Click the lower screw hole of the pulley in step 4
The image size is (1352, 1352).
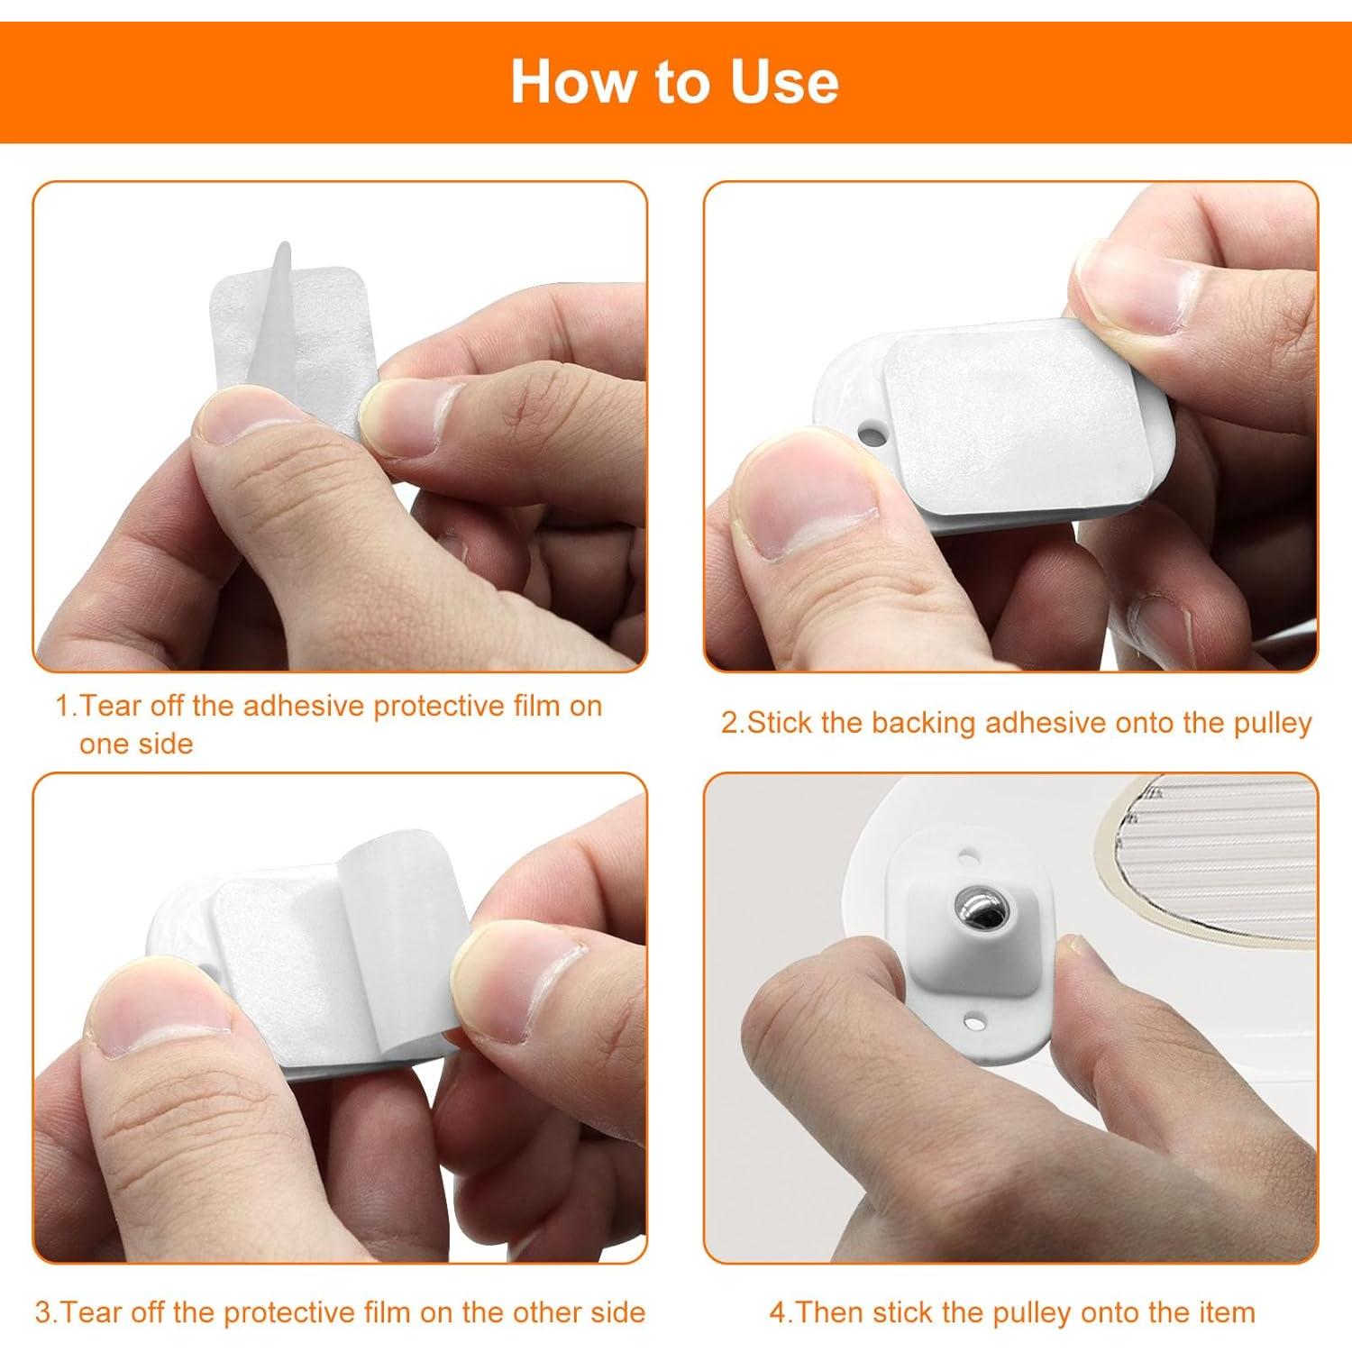coord(977,1020)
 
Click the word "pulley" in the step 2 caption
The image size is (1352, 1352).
coord(1272,723)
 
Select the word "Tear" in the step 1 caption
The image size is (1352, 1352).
coord(112,706)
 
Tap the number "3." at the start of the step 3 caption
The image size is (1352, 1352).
coord(46,1312)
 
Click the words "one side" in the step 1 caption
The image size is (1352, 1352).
coord(136,744)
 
